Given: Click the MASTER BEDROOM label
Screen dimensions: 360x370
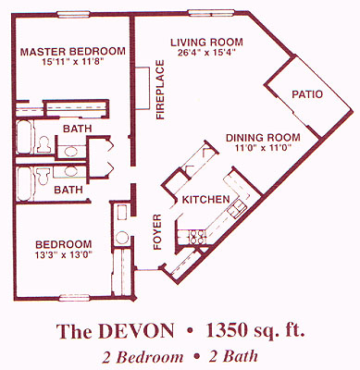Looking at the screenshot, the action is pos(73,51).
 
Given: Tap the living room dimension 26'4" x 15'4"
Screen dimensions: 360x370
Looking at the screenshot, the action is pos(206,52).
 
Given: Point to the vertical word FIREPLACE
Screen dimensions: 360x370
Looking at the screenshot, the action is pos(160,90).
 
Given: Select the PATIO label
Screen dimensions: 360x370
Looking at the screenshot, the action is pos(307,94).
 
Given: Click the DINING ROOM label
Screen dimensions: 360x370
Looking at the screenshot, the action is pos(263,138).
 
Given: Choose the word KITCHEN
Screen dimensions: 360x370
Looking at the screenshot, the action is pos(205,200).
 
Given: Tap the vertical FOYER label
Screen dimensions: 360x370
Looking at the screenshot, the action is pos(157,232).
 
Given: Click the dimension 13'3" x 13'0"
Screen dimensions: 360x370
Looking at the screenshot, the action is pos(64,255).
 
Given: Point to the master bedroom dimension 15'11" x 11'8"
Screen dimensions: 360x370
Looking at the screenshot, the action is pos(73,62).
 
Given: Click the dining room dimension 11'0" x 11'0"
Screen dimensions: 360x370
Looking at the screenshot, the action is pos(263,147).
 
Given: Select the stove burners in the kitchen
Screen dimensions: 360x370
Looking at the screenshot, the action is pos(197,237).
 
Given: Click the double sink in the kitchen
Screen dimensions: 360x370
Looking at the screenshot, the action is pos(237,208).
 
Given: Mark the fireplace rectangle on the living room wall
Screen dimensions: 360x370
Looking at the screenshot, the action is pos(143,88).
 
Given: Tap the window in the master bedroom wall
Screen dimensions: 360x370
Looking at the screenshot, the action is pos(74,14).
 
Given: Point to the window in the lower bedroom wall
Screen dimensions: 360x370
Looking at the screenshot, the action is pos(74,298).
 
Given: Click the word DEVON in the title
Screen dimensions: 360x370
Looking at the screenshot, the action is pos(137,331).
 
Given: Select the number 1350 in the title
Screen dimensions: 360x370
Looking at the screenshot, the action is pos(227,330).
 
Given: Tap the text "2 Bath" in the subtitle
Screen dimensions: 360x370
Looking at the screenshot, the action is pos(233,357).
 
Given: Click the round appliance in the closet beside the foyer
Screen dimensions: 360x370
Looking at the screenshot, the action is pos(122,238).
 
